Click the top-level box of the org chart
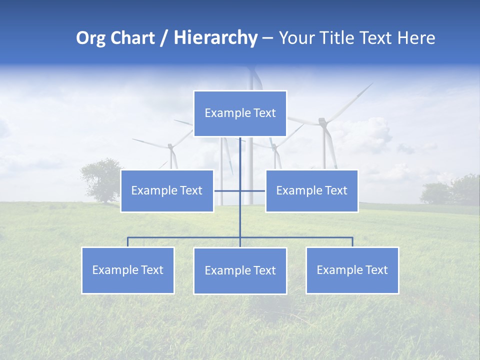240,113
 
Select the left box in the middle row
167,191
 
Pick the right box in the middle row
311,191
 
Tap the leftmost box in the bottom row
128,270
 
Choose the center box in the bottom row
240,271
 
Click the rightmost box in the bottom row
352,270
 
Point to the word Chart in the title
132,38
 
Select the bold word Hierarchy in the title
215,38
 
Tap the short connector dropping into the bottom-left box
128,242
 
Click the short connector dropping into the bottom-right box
352,242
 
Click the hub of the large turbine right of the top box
323,121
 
